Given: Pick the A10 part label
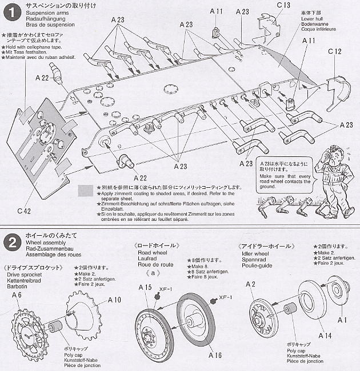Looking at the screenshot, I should [113, 300].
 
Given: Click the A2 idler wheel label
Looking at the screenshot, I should [249, 284].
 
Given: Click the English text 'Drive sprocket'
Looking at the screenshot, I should [21, 275].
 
